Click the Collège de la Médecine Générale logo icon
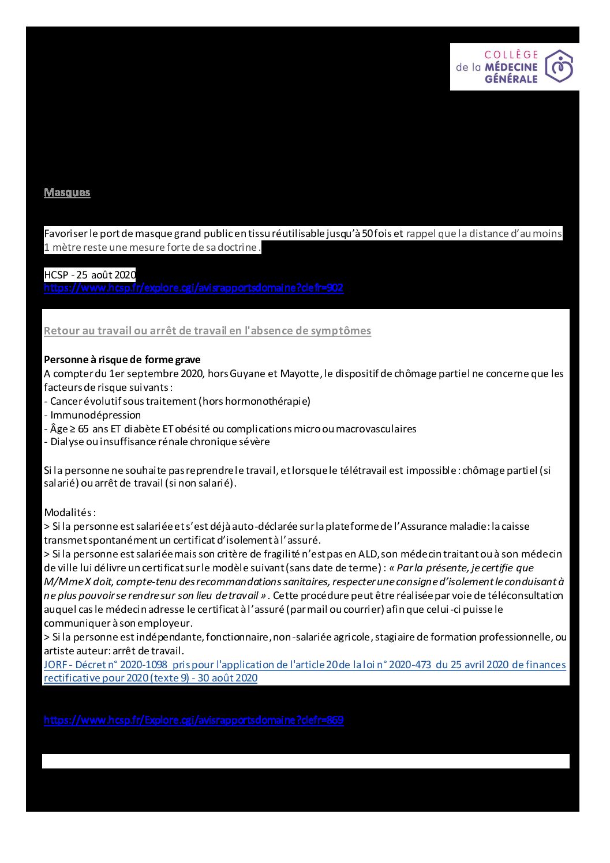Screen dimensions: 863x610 coord(559,66)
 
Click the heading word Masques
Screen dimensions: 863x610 coord(67,193)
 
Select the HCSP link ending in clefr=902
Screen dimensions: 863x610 coord(193,288)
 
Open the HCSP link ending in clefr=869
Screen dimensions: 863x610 coord(193,720)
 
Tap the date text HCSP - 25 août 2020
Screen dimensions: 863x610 coord(90,275)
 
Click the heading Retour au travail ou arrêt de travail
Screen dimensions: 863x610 coord(207,331)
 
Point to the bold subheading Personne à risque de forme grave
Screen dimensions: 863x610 coord(122,360)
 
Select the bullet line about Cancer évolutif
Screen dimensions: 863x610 coord(177,401)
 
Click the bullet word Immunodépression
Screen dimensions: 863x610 coord(95,415)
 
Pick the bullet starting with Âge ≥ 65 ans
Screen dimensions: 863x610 coord(230,429)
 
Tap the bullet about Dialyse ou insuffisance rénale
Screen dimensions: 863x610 coord(157,442)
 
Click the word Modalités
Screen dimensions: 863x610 coord(68,512)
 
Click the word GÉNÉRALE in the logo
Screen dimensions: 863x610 coord(511,79)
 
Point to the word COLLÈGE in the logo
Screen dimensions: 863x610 coord(511,55)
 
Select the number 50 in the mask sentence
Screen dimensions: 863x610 coord(368,233)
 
